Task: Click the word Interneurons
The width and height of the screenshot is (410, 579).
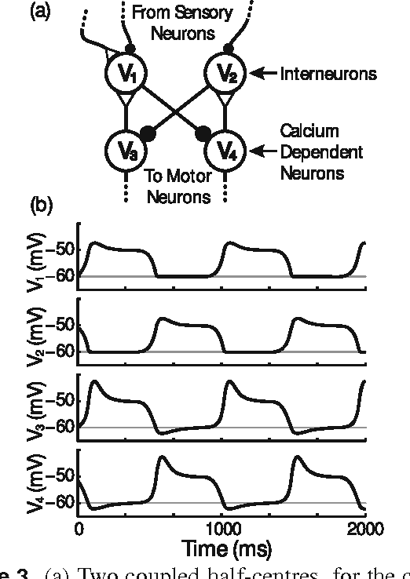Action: click(328, 75)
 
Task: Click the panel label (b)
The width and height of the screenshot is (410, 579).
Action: click(42, 206)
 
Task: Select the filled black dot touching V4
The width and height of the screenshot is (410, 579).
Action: click(203, 132)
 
